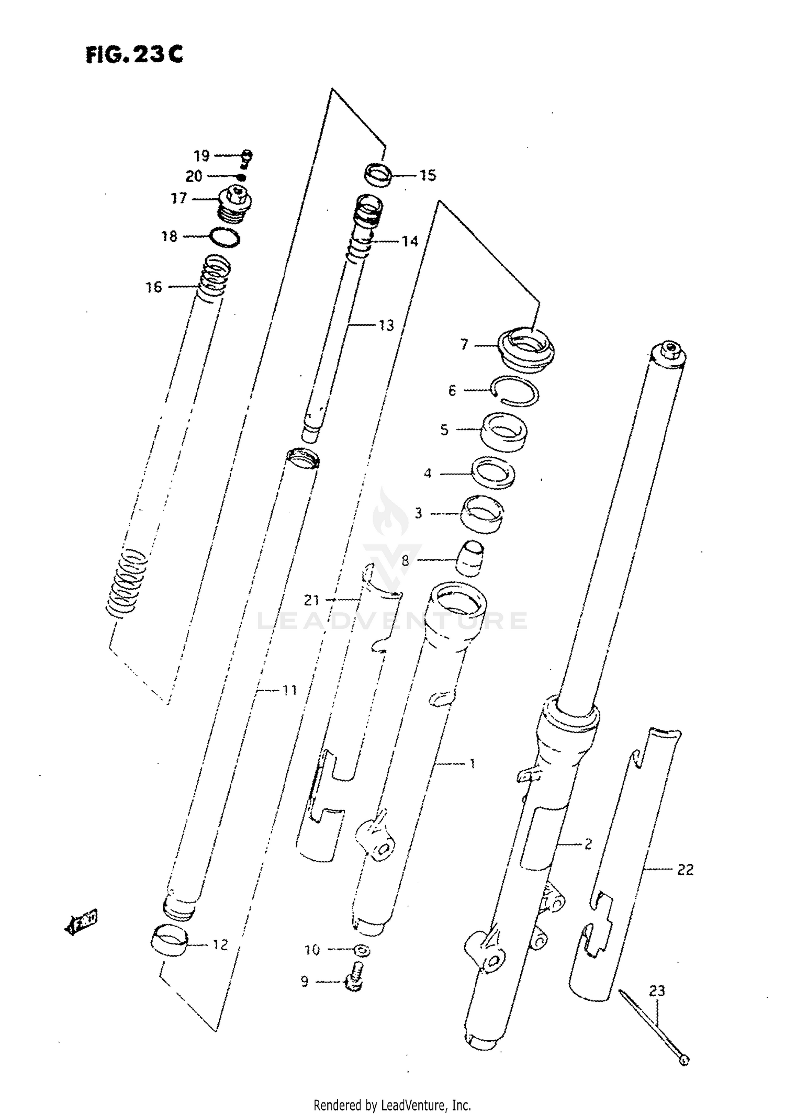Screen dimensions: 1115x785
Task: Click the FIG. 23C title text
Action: [x=134, y=54]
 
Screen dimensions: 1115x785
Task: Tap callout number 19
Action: [x=201, y=155]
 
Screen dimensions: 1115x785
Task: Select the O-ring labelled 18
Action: [x=226, y=238]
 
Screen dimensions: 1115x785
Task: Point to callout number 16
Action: [x=154, y=287]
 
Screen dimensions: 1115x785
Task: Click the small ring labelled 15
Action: [x=379, y=175]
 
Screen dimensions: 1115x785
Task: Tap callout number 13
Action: [x=386, y=325]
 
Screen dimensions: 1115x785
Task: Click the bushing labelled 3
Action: [x=481, y=514]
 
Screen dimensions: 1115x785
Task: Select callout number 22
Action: [x=685, y=870]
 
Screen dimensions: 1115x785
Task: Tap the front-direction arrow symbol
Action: [x=83, y=923]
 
